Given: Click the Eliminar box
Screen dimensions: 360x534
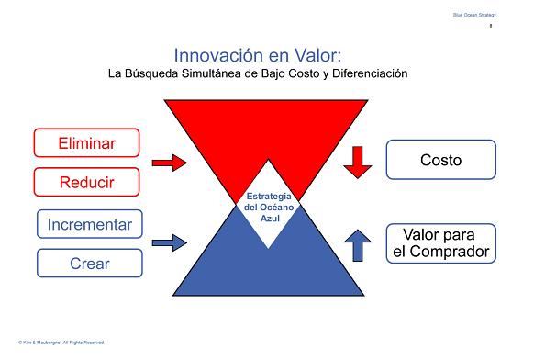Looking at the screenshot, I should coord(86,142).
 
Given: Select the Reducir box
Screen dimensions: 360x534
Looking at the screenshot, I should coord(86,182).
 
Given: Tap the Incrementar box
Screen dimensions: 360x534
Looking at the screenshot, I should coord(90,223).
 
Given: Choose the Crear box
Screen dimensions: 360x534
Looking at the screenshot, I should coord(90,263).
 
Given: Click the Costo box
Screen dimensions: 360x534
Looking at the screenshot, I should coord(440,160).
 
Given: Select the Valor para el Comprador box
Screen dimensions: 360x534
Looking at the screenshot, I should coord(440,242).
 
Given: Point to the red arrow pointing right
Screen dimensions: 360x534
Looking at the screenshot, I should coord(169,163).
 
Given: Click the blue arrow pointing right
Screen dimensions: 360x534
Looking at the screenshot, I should coord(169,242).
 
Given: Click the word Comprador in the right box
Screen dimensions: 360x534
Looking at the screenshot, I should coord(440,251).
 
